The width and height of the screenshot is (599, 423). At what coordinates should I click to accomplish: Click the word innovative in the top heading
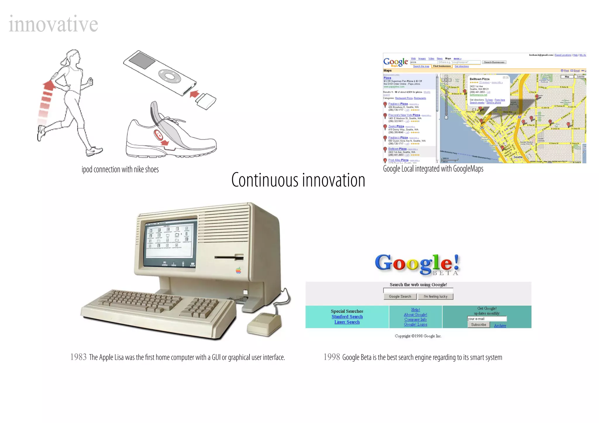[53, 24]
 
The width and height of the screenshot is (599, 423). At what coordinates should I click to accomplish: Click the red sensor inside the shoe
[159, 135]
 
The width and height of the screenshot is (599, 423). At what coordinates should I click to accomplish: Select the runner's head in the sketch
[73, 56]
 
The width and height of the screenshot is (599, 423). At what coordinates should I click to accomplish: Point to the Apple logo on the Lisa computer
[238, 271]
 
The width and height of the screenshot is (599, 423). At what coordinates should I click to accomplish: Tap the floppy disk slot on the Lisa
[229, 258]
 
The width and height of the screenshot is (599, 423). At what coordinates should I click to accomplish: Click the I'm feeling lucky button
[436, 297]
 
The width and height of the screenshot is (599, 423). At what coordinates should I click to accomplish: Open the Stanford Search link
[347, 317]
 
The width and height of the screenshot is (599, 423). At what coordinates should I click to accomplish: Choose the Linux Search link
[347, 322]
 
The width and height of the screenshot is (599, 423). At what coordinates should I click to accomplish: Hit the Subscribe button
[478, 325]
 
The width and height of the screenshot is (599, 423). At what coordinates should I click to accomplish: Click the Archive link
[500, 325]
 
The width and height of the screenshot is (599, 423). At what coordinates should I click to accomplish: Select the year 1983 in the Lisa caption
[78, 357]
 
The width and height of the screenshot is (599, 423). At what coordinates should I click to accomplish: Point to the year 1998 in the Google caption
[332, 357]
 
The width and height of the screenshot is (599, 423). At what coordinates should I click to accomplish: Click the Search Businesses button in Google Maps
[494, 62]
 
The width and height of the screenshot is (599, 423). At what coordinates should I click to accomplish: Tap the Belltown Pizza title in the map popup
[479, 79]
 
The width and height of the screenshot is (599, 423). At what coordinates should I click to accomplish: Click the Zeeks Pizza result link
[396, 126]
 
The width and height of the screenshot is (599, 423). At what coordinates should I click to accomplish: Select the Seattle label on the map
[518, 157]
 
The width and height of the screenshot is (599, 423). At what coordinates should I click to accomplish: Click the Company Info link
[415, 319]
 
